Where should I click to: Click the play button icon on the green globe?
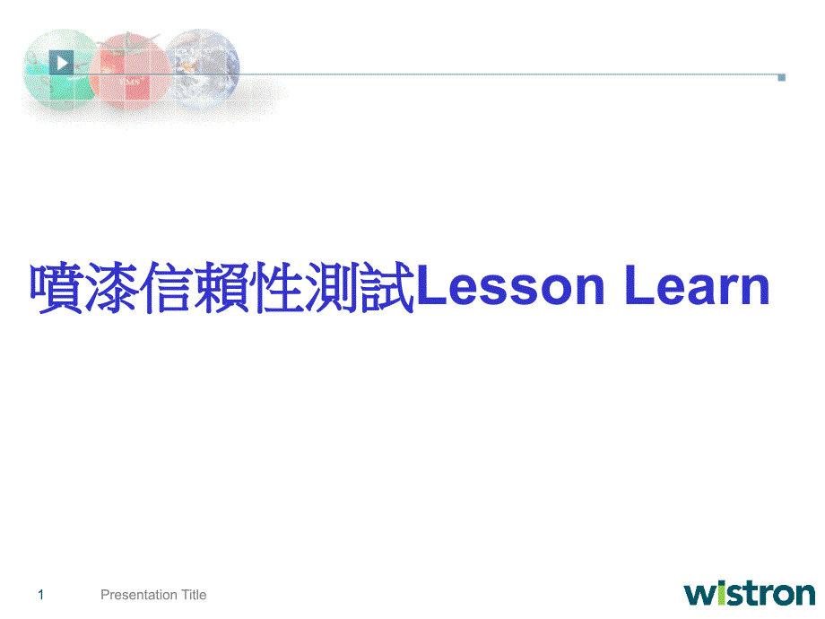pos(61,63)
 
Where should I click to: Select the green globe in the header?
pos(59,69)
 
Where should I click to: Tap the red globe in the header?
pos(130,72)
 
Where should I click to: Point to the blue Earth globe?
pos(203,69)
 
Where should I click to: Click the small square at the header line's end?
pos(781,77)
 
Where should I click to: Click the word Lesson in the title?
pos(510,286)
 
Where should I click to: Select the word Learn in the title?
pos(697,286)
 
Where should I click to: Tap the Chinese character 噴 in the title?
pos(56,287)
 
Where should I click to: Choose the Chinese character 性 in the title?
pos(276,287)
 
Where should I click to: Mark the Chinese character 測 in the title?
pos(331,287)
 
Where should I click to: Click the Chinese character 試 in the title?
pos(386,287)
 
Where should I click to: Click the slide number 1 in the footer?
pos(41,596)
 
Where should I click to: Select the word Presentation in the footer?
pos(139,595)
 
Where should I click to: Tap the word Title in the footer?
pos(195,595)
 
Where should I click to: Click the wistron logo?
pos(750,594)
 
